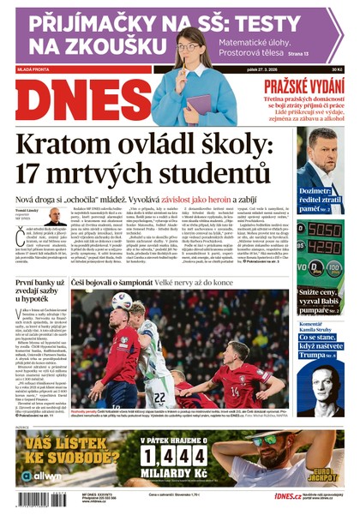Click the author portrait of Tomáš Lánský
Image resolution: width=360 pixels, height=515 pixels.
pos(55,218)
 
